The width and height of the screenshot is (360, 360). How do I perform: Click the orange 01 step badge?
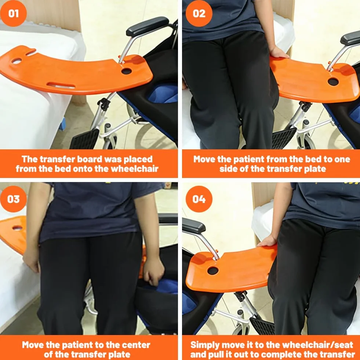13,13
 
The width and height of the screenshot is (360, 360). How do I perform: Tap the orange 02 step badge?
199,13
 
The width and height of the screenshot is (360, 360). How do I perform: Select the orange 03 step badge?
13,199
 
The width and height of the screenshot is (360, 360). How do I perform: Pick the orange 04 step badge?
199,199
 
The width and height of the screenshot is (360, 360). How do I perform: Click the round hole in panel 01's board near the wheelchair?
127,71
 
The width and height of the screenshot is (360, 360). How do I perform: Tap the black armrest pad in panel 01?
148,26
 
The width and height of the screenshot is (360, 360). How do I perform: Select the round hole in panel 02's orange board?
333,81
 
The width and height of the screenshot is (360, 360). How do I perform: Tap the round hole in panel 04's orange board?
213,271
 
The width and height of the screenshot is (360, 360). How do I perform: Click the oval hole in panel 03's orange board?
17,228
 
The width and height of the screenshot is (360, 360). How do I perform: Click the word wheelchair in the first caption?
135,169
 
